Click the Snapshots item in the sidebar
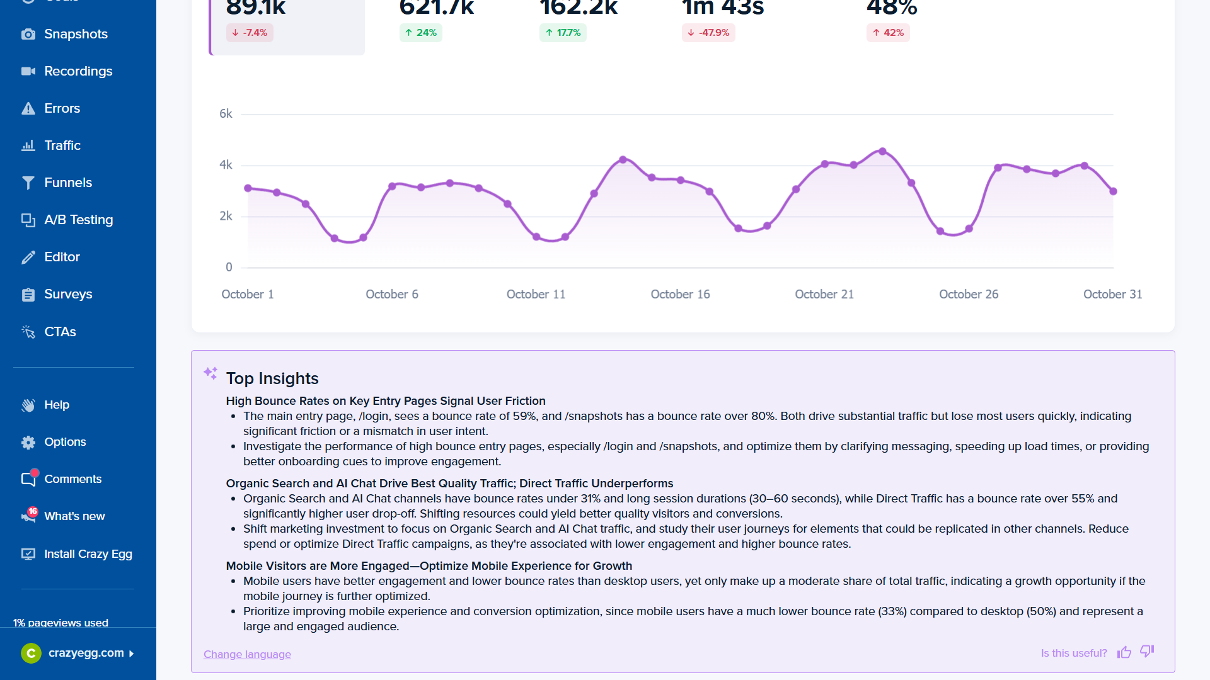click(x=76, y=34)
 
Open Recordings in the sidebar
click(x=78, y=71)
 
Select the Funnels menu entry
click(x=68, y=183)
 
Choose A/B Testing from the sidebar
click(x=78, y=220)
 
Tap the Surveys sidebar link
click(x=68, y=294)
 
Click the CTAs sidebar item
click(x=60, y=332)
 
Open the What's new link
click(x=74, y=516)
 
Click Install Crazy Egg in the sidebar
click(x=88, y=554)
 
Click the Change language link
click(x=247, y=654)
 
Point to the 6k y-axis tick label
click(x=226, y=114)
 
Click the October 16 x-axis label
click(x=680, y=294)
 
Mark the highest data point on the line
click(x=882, y=151)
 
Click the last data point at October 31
click(x=1113, y=191)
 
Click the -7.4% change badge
click(x=250, y=33)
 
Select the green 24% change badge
click(x=420, y=33)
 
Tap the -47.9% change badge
click(x=708, y=33)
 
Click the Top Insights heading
click(x=272, y=378)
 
